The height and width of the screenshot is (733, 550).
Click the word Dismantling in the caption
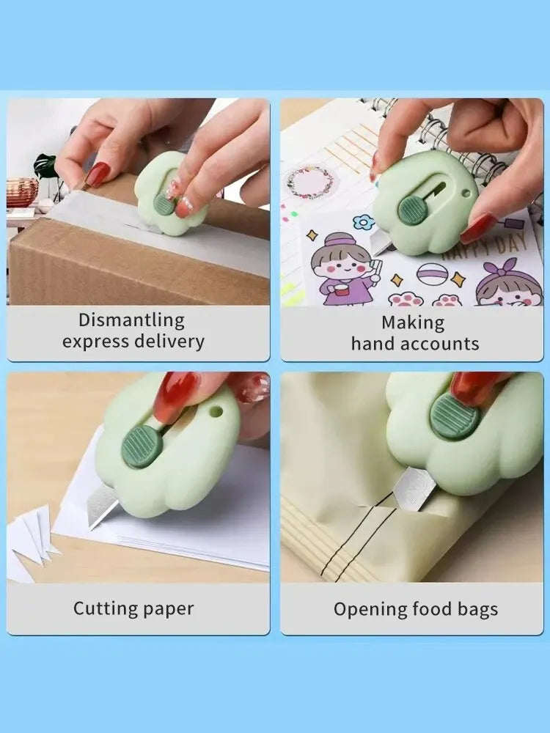pos(131,321)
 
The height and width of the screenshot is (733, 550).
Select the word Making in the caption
pos(413,323)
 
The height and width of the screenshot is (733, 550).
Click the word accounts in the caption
pos(439,344)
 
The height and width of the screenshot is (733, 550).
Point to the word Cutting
pos(106,608)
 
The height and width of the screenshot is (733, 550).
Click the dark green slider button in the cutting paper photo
pos(142,446)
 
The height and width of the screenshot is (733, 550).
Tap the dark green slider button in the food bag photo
pos(455,416)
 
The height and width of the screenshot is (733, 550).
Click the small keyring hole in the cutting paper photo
pos(216,411)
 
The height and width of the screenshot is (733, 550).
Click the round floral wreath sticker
pos(310,183)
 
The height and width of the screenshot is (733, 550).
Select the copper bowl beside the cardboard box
pos(21,191)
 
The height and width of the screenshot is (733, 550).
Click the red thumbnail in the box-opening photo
pos(97,174)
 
